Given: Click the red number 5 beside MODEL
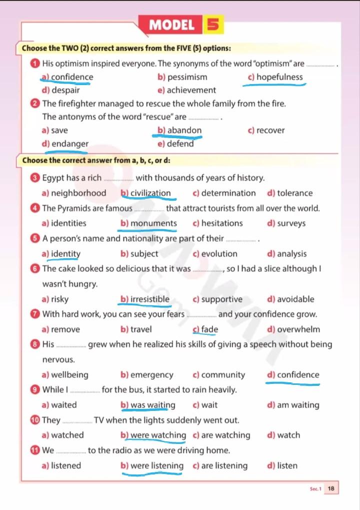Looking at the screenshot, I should click(x=213, y=25).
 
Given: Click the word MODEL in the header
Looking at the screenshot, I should click(x=172, y=25).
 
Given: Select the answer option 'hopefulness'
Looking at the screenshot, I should click(x=279, y=77).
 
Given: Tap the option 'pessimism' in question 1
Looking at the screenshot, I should click(x=187, y=77).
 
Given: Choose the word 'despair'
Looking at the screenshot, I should click(x=65, y=91).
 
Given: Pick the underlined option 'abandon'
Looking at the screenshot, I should click(x=184, y=131).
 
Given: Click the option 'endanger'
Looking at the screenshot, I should click(x=70, y=144).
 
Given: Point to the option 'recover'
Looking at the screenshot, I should click(x=270, y=131).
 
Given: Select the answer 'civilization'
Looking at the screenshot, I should click(x=150, y=193).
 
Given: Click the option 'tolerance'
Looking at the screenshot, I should click(x=294, y=193).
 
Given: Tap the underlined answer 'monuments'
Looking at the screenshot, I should click(x=153, y=223).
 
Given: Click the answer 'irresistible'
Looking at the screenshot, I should click(x=150, y=299).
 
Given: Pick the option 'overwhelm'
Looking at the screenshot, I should click(x=298, y=329).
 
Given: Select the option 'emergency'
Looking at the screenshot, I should click(x=151, y=375).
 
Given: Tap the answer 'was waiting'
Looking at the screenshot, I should click(x=152, y=405).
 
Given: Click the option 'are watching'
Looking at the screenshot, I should click(x=225, y=435).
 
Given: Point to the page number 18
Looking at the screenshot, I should click(x=331, y=488).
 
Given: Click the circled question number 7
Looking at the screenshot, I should click(x=34, y=315).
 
